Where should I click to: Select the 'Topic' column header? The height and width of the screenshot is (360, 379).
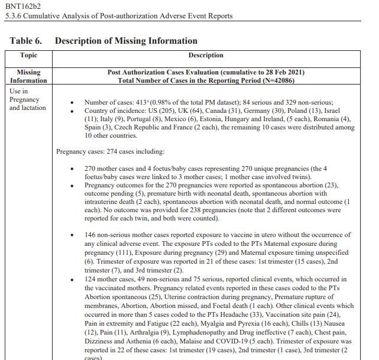pos(28,55)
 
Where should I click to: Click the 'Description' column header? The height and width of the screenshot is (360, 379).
pos(206,55)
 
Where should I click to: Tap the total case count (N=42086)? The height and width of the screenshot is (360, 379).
pos(273,80)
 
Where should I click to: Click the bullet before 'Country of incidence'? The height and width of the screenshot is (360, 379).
pos(72,112)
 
